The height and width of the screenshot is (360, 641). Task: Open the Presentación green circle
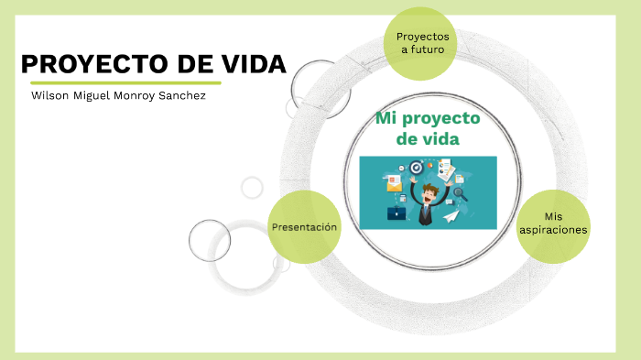[x=304, y=226]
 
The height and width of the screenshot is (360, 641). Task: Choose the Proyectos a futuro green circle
[x=421, y=43]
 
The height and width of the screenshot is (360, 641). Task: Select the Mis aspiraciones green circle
[x=553, y=223]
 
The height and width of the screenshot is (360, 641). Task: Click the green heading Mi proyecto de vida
[x=427, y=129]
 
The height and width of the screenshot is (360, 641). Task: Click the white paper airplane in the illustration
[x=451, y=216]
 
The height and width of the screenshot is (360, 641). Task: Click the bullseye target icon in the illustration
[x=417, y=168]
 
